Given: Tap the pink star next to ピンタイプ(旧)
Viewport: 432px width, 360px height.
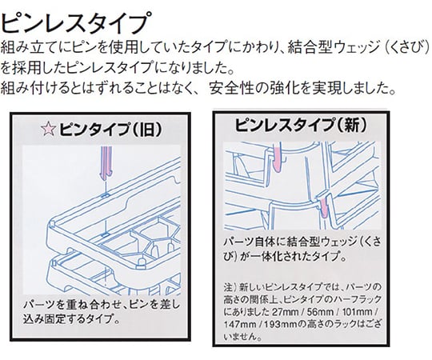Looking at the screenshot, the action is coord(48,129).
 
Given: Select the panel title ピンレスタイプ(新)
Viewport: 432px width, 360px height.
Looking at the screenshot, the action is coord(301,125).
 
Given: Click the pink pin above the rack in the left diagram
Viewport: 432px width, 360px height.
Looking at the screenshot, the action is coord(106,163).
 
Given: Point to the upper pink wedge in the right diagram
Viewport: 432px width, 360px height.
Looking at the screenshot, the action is coord(278,158).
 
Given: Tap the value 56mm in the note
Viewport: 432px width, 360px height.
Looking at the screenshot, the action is coord(320,312).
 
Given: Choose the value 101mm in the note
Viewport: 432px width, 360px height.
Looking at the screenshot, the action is coord(358,312).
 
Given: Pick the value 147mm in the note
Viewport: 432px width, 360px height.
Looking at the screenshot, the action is coord(239,325).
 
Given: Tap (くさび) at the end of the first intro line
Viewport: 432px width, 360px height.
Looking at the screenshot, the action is coord(407,47).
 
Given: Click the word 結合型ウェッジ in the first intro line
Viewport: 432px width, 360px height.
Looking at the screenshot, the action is coord(334,47).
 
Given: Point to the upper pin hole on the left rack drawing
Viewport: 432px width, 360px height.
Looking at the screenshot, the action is coord(105,195).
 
